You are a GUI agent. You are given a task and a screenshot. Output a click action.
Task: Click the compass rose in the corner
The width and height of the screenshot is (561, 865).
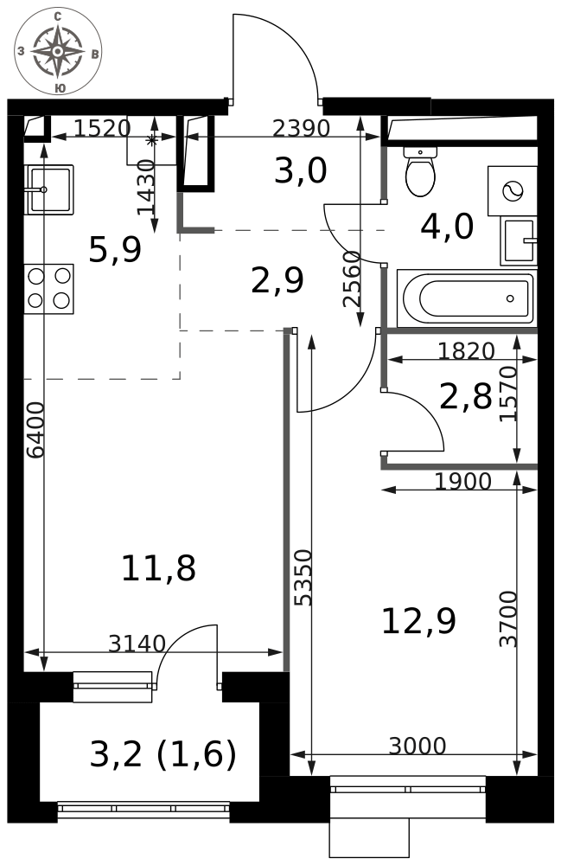coord(58,51)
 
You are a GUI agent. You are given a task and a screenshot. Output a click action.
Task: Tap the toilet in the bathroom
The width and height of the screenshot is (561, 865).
coord(420,171)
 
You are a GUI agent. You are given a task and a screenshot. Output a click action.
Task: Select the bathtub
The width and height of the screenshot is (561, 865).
coord(466,298)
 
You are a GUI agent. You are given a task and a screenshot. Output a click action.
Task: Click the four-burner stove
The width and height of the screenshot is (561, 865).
coord(48,289)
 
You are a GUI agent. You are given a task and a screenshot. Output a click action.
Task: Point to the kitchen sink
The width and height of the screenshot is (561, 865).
coord(48,189)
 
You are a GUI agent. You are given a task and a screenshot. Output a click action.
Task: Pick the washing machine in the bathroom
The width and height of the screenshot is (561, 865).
coord(512,191)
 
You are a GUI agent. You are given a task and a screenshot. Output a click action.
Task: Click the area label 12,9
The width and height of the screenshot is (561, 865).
coord(419,621)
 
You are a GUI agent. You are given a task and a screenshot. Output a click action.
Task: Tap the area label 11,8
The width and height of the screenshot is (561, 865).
coord(159,568)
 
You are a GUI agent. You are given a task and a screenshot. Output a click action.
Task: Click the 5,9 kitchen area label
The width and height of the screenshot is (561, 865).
coord(115,249)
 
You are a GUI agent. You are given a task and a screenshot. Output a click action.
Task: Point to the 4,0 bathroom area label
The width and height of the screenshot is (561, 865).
coord(447,226)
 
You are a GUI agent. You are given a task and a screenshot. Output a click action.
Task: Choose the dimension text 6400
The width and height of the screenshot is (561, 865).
coord(35,430)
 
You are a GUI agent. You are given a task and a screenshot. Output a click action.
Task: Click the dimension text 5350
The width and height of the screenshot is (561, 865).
coord(303,578)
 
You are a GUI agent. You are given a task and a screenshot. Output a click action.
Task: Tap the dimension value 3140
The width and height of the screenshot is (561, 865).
coord(137,644)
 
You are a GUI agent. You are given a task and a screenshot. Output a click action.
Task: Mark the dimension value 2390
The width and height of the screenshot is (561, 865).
coord(302,129)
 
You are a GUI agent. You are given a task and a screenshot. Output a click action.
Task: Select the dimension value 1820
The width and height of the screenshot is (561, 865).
coord(466,351)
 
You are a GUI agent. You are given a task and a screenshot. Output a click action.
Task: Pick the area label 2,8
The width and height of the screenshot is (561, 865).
coord(466,397)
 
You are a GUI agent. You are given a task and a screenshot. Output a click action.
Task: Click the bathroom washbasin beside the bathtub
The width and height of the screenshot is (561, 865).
coord(519,240)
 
